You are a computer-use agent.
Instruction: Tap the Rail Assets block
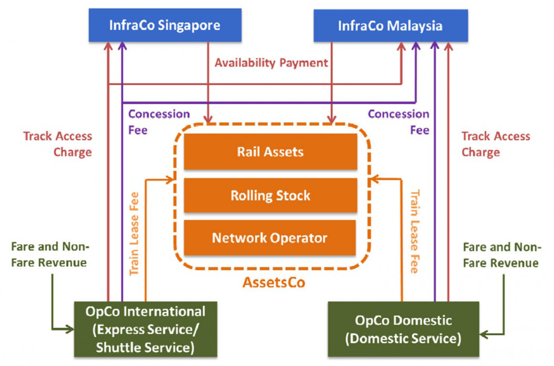coord(270,152)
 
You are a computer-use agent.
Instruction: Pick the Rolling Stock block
coord(270,195)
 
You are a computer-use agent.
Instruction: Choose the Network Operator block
coord(270,238)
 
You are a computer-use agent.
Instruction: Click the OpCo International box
coord(145,328)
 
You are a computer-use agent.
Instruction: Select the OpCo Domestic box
coord(403,328)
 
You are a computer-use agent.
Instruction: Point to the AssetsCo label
coord(274,282)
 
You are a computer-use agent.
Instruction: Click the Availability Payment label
coord(271,63)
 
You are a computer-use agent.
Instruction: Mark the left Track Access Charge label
coord(58,144)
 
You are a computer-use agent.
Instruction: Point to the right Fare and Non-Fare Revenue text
coord(501,255)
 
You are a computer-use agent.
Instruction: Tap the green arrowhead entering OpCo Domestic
coord(483,334)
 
